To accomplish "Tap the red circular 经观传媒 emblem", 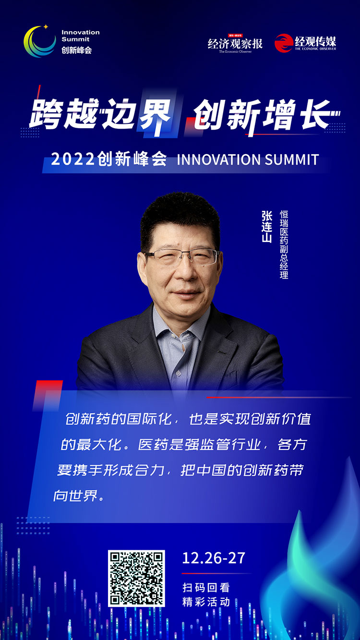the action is click(x=284, y=43).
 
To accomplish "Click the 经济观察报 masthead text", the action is click(x=235, y=44).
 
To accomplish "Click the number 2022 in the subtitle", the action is click(x=73, y=159).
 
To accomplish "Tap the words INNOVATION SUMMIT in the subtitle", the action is click(x=248, y=159).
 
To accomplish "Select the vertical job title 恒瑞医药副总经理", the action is click(x=284, y=244).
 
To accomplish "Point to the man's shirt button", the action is click(x=178, y=373).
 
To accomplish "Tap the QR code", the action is click(x=136, y=578).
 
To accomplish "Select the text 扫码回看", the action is click(x=206, y=588).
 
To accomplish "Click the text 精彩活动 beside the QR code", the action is click(x=206, y=602).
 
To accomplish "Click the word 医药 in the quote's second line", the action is click(x=153, y=445).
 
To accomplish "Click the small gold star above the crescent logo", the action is click(x=46, y=27).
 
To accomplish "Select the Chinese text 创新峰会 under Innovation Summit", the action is click(x=77, y=50).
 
